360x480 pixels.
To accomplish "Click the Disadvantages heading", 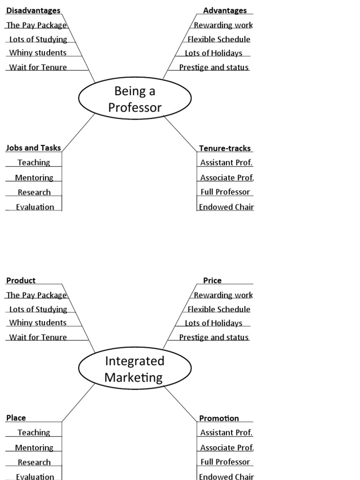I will click(x=33, y=10).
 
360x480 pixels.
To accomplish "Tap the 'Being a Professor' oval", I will click(x=135, y=99).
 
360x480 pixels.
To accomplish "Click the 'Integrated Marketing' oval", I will click(x=135, y=369).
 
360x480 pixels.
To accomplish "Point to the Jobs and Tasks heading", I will click(x=33, y=148).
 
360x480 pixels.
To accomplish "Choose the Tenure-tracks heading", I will click(x=225, y=148).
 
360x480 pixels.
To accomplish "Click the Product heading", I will click(x=21, y=280).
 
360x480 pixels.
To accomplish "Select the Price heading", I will click(x=212, y=280).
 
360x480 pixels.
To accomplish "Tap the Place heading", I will click(x=16, y=418).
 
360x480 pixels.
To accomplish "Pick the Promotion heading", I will click(x=219, y=418).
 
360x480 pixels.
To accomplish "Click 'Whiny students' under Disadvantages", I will click(x=38, y=52).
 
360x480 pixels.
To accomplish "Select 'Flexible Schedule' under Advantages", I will click(x=219, y=39).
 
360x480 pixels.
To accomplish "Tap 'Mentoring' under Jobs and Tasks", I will click(x=34, y=178).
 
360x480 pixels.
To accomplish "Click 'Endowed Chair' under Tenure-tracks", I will click(x=226, y=207).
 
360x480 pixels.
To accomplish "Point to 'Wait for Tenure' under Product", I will click(x=38, y=337).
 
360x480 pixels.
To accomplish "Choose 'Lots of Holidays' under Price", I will click(x=213, y=323).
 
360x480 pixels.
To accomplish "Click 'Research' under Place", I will click(x=34, y=462).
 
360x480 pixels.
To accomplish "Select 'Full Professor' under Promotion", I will click(x=225, y=462).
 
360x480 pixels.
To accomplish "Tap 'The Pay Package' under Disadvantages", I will click(x=37, y=25).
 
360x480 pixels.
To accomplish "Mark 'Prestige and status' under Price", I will click(x=214, y=337).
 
